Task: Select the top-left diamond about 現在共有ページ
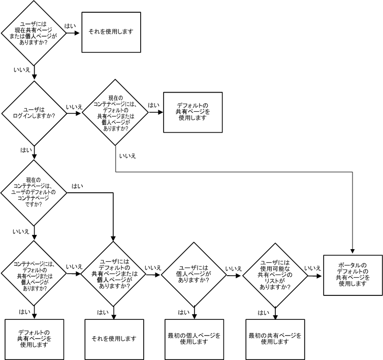[34, 33]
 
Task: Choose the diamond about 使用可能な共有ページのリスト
[275, 276]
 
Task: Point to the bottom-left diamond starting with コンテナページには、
[34, 276]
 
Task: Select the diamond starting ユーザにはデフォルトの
[114, 276]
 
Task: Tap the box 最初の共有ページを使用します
[275, 339]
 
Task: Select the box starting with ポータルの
[353, 275]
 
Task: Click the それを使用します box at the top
[111, 32]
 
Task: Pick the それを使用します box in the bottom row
[114, 339]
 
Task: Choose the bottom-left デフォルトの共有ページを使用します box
[34, 339]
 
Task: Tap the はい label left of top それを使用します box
[70, 26]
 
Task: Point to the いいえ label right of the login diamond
[74, 107]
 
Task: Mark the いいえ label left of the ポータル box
[312, 268]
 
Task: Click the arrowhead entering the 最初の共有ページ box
[275, 316]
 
